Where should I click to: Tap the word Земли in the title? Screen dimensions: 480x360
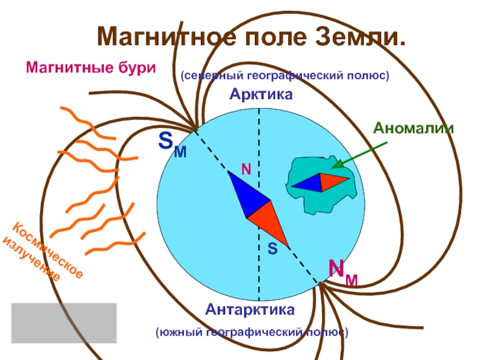pyautogui.click(x=360, y=37)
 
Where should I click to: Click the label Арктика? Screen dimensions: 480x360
pyautogui.click(x=259, y=95)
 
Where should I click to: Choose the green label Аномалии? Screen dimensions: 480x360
pyautogui.click(x=413, y=128)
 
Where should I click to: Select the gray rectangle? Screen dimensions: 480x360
pyautogui.click(x=64, y=322)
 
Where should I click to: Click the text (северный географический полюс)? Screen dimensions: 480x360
pyautogui.click(x=285, y=76)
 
